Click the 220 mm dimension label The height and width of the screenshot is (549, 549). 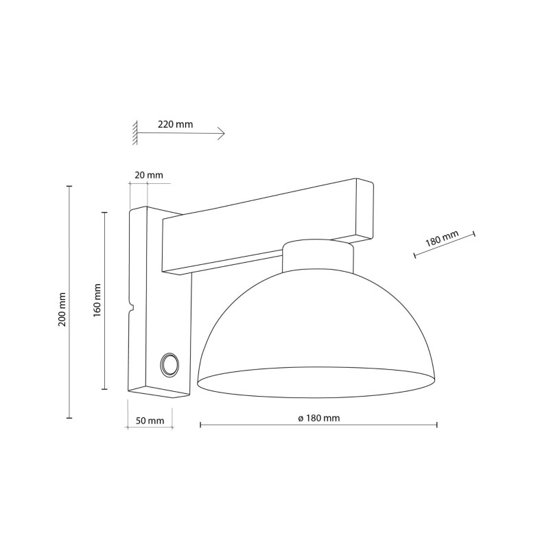point(175,125)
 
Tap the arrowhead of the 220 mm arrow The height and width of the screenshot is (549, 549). point(222,134)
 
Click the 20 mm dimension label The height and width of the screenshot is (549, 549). point(149,175)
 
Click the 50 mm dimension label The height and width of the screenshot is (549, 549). point(149,420)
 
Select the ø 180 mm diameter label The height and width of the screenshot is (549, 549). point(319,418)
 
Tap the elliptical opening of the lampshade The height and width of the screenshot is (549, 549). point(316,382)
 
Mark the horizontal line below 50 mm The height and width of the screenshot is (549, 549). point(149,428)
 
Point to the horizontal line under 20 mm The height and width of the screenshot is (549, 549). point(150,183)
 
